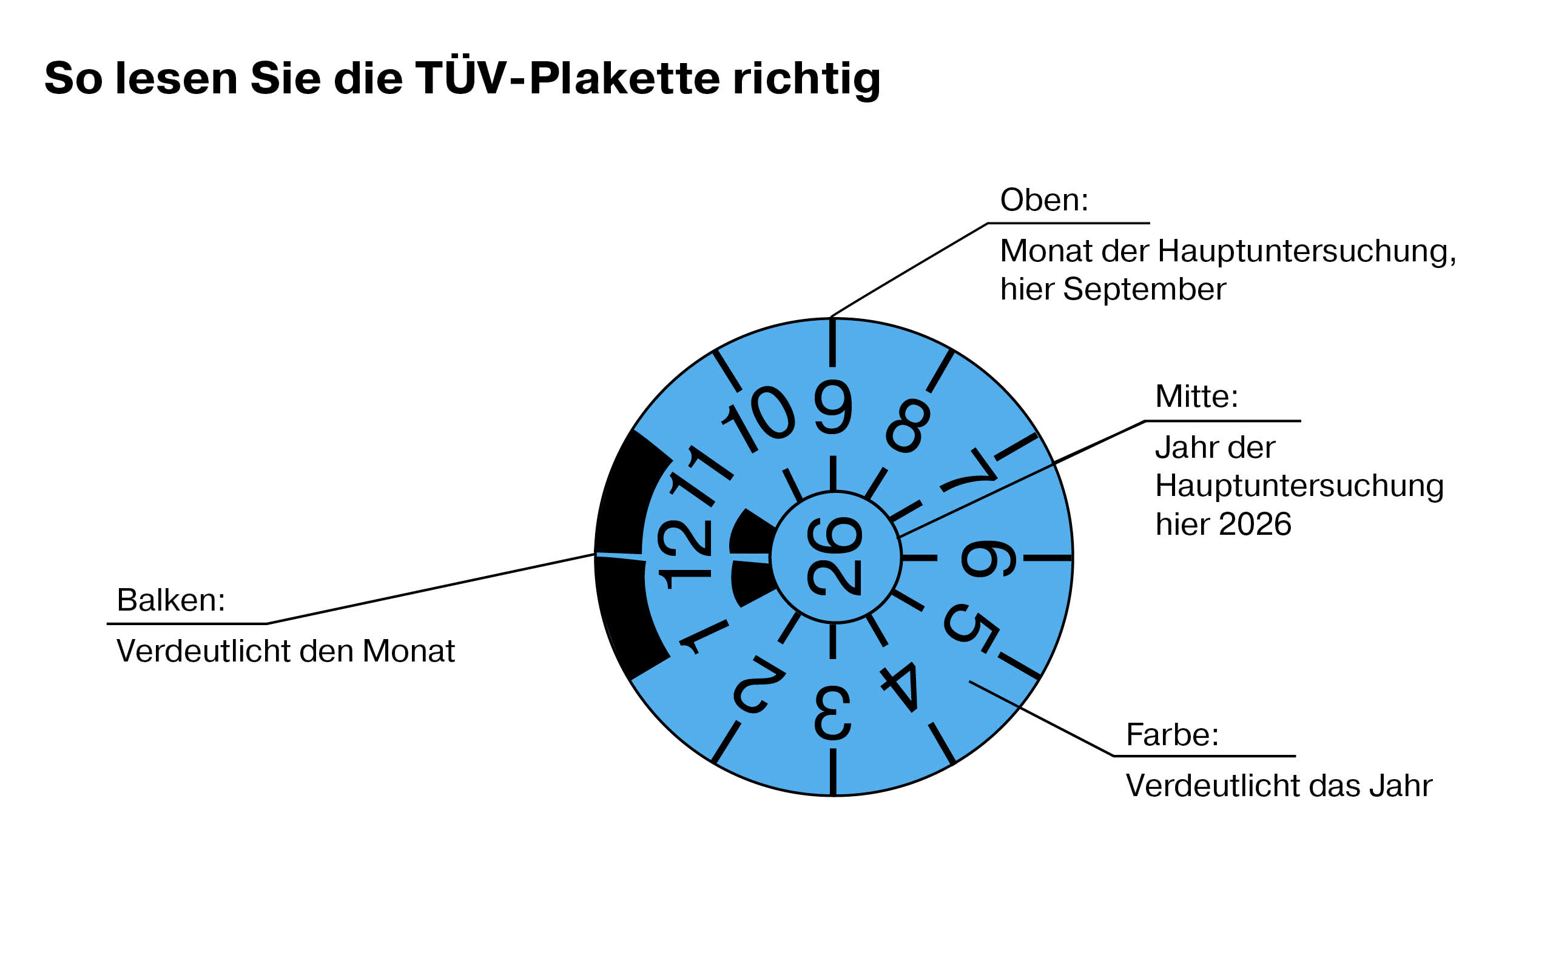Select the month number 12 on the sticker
pyautogui.click(x=684, y=554)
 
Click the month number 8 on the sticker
pyautogui.click(x=908, y=425)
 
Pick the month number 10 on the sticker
pyautogui.click(x=760, y=421)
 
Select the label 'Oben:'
pyautogui.click(x=1043, y=200)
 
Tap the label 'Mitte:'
pyautogui.click(x=1196, y=397)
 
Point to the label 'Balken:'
pyautogui.click(x=171, y=600)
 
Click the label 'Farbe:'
pyautogui.click(x=1172, y=735)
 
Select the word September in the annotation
pyautogui.click(x=1144, y=290)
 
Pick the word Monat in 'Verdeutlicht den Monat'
pyautogui.click(x=408, y=651)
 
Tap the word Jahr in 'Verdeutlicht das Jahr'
pyautogui.click(x=1400, y=786)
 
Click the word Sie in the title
pyautogui.click(x=285, y=79)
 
